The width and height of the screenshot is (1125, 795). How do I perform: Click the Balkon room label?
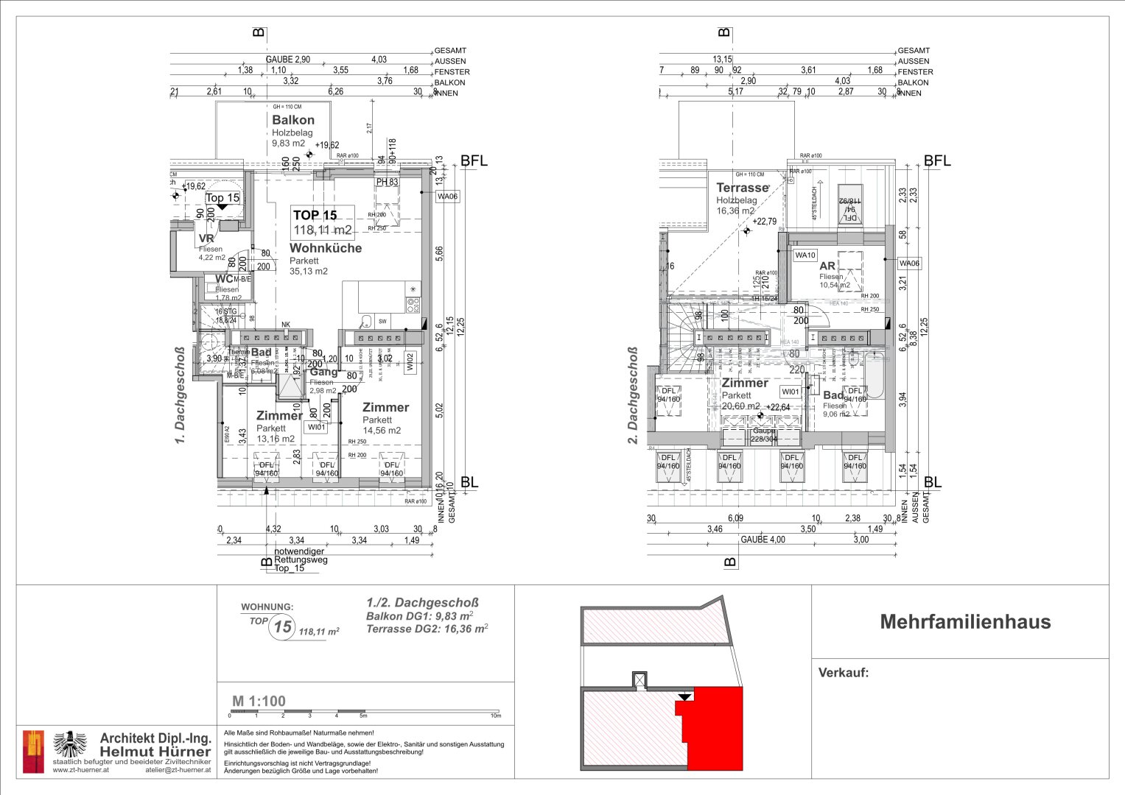[293, 120]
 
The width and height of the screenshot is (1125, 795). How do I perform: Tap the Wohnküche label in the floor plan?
[326, 248]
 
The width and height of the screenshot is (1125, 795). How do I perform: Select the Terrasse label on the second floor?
[743, 188]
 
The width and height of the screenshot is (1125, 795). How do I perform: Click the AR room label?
[827, 266]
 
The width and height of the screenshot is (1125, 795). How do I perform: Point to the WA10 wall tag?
[805, 255]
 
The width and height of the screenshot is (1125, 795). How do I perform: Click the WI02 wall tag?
[410, 361]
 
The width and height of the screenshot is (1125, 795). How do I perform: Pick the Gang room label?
[323, 372]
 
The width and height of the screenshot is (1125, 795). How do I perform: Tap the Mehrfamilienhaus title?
[965, 622]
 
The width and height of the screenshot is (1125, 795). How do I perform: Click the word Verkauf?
[844, 672]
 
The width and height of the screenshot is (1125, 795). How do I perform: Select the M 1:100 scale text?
[259, 701]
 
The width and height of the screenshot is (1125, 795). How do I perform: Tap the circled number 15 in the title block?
[282, 627]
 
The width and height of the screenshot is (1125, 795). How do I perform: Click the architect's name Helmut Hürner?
[155, 751]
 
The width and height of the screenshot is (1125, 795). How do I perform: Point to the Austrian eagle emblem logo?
[71, 745]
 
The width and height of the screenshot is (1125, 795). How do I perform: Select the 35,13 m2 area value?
[309, 271]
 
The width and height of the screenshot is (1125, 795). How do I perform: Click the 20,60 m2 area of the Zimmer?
[740, 406]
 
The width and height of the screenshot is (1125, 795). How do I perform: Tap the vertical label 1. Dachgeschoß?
[179, 395]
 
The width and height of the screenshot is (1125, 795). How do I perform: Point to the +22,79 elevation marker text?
[764, 222]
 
